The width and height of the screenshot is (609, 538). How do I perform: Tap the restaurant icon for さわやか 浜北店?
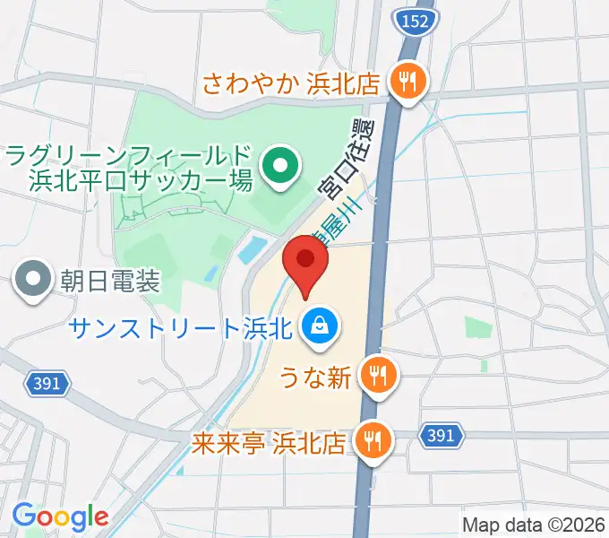[409, 83]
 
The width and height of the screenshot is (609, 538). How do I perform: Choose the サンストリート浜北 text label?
[182, 326]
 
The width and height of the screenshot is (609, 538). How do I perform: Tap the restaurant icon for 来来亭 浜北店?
[370, 440]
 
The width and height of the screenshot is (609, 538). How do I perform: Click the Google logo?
[59, 517]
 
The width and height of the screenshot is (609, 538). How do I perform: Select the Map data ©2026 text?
[533, 525]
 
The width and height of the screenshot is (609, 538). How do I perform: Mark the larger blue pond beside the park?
[253, 247]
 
